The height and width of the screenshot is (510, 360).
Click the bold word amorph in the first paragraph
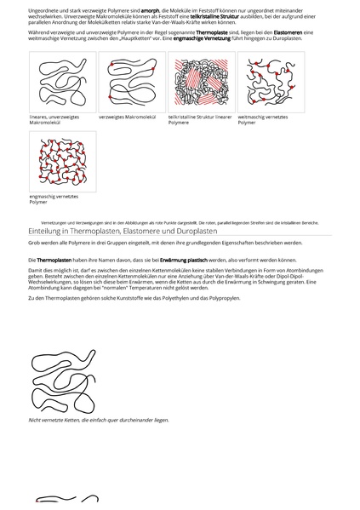click(150, 9)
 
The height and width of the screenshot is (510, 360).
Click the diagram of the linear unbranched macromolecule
click(62, 82)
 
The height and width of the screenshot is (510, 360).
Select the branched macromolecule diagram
click(132, 82)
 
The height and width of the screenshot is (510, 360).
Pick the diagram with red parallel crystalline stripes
click(201, 82)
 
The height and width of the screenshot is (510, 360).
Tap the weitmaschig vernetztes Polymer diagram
click(271, 82)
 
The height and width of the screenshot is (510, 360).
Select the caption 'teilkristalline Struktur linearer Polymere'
click(200, 119)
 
